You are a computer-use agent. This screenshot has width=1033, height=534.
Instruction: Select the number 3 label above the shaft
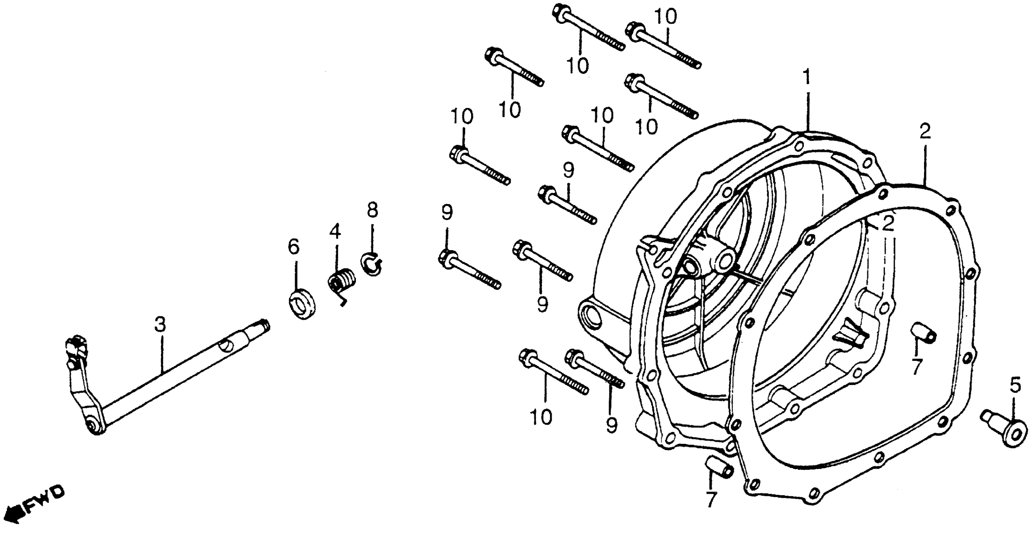[160, 324]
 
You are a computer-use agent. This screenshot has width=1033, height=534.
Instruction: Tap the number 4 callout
[335, 232]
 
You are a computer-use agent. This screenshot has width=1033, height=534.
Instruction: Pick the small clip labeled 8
[372, 264]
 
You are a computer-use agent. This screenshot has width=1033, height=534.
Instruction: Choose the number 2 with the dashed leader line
[888, 223]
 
